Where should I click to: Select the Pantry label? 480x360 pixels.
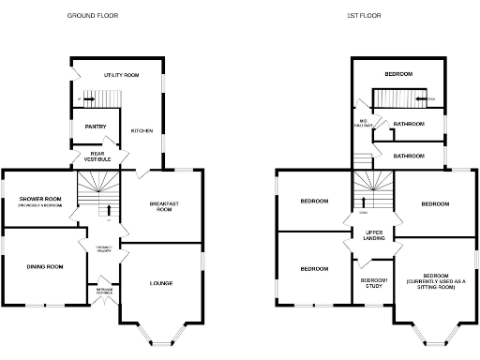tap(96, 127)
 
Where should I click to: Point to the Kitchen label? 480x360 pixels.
tap(142, 130)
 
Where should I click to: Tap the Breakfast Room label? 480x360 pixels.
tap(164, 206)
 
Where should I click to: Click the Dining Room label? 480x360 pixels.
tap(44, 267)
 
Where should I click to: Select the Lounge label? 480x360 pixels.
tap(161, 283)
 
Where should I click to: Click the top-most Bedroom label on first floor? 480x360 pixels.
tap(398, 72)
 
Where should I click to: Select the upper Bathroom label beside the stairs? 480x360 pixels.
tap(409, 124)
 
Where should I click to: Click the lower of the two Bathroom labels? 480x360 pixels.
tap(410, 156)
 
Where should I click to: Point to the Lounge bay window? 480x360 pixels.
tap(161, 332)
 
